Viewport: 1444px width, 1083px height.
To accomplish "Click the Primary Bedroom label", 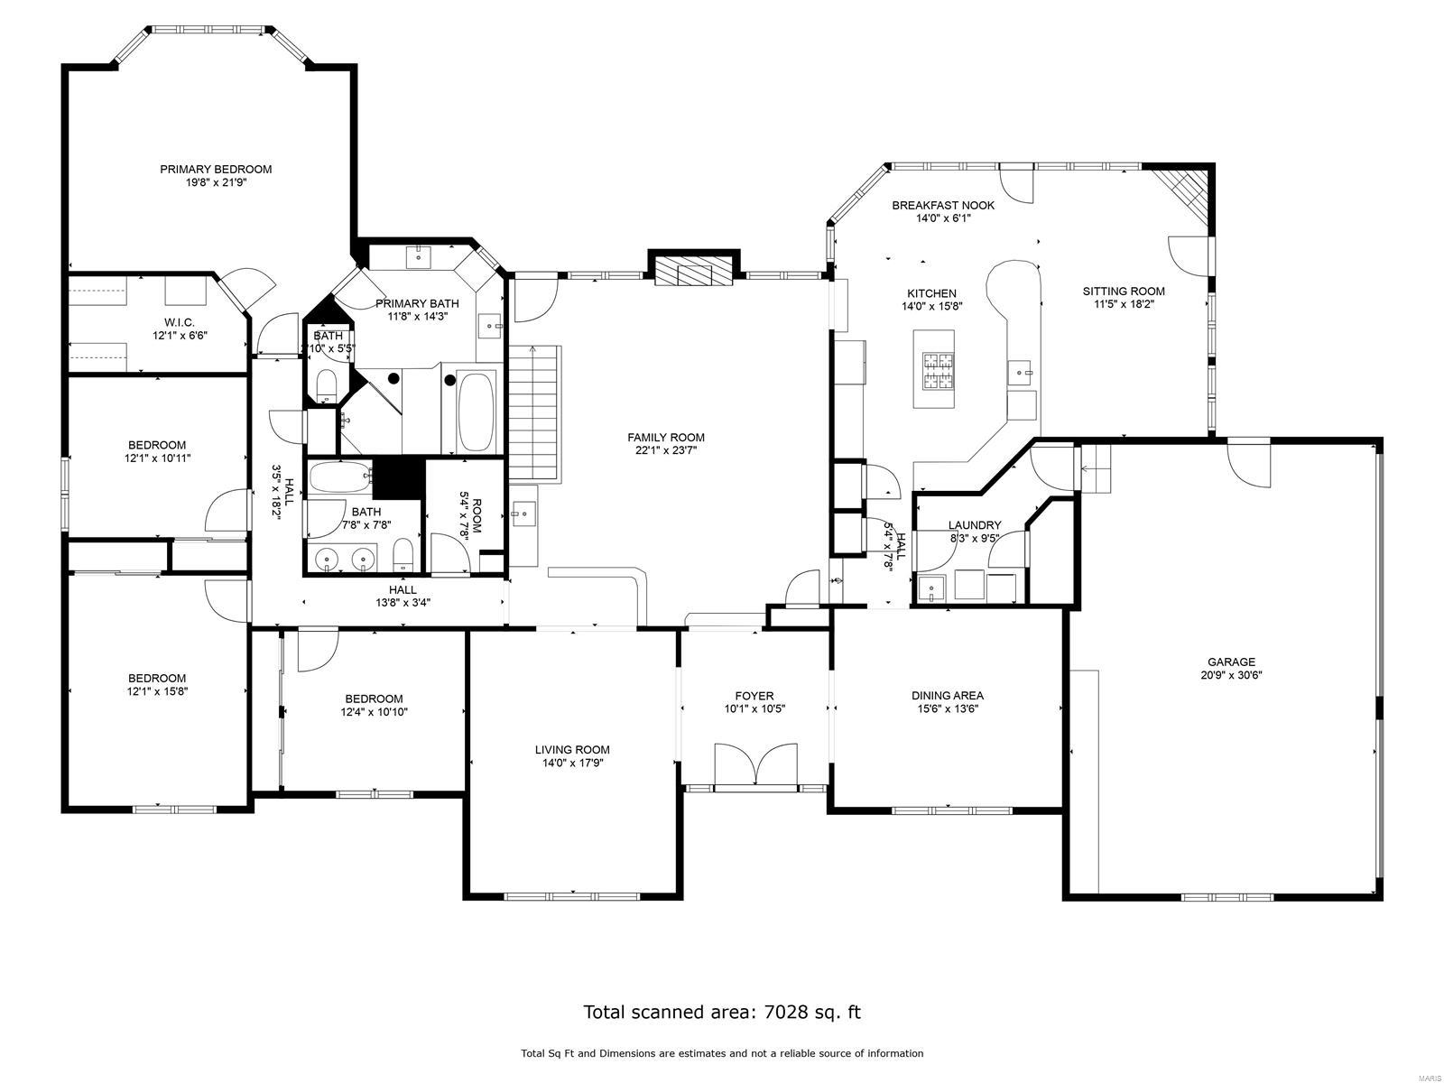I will pyautogui.click(x=216, y=169).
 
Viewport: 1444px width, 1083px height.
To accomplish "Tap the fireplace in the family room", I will pyautogui.click(x=693, y=271).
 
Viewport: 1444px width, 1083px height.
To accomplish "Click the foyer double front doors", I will pyautogui.click(x=754, y=767).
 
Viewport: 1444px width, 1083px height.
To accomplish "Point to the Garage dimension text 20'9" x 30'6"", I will pyautogui.click(x=1232, y=674).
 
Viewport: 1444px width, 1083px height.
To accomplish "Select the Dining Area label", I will pyautogui.click(x=947, y=695).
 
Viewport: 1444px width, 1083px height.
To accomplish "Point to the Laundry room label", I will pyautogui.click(x=975, y=525).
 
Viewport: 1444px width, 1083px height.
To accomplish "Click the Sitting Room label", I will pyautogui.click(x=1123, y=291).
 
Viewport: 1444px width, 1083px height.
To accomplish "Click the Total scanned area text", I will pyautogui.click(x=722, y=1012).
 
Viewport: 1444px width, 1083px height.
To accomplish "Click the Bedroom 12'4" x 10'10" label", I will pyautogui.click(x=374, y=699).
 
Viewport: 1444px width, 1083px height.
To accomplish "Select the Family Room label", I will pyautogui.click(x=666, y=438).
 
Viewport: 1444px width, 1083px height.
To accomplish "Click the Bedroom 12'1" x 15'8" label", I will pyautogui.click(x=157, y=679).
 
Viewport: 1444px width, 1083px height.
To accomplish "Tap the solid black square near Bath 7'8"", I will pyautogui.click(x=398, y=477).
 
